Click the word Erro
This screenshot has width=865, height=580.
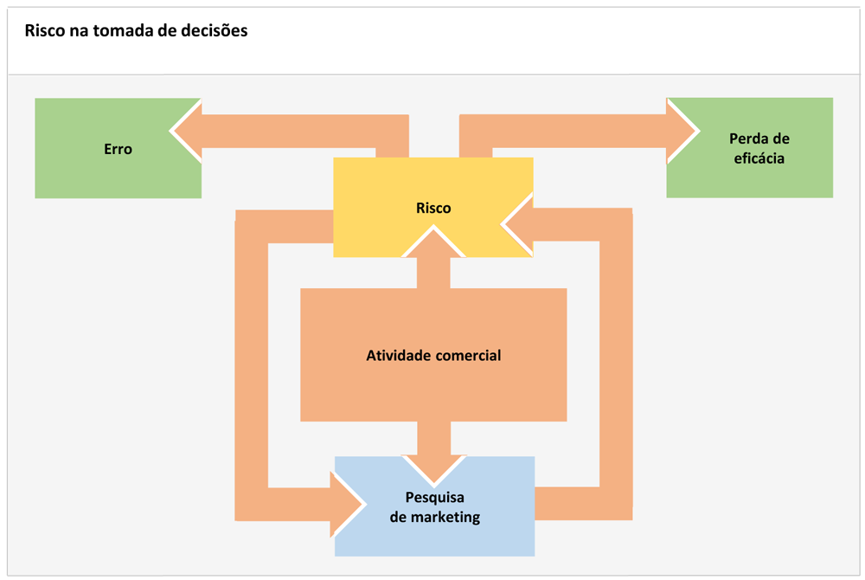point(118,149)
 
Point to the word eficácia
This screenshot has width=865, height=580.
point(759,158)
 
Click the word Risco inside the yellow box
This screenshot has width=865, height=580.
point(433,208)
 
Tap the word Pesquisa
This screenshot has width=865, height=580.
point(435,498)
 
